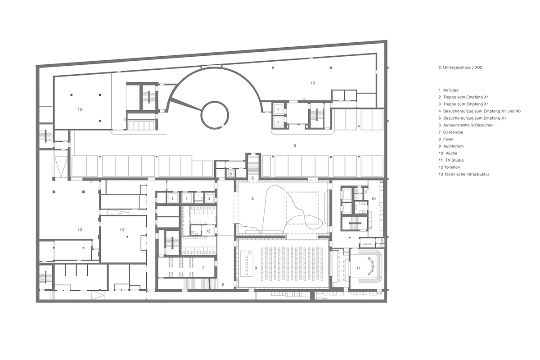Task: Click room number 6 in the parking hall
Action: [x=295, y=145]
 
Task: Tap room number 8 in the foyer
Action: [x=253, y=198]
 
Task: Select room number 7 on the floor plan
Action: [x=203, y=268]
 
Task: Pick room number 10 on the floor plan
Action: [x=373, y=198]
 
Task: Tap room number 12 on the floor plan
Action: [x=208, y=231]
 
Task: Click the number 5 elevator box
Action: [x=230, y=173]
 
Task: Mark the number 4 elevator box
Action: [x=209, y=198]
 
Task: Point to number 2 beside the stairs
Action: [x=222, y=284]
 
